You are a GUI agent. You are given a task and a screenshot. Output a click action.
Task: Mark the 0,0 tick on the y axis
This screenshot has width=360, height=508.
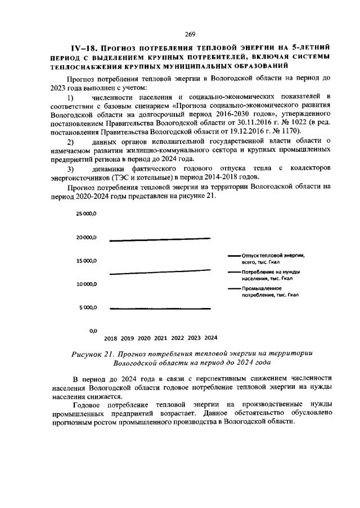[93, 331]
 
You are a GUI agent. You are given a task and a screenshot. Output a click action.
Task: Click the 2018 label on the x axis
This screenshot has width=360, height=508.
[111, 339]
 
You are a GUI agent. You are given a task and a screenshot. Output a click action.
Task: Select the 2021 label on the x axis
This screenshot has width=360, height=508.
[160, 339]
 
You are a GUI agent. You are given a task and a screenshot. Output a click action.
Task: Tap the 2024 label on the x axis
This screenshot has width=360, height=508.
[210, 339]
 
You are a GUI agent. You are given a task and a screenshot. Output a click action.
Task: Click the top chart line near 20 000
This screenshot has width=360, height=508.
[160, 239]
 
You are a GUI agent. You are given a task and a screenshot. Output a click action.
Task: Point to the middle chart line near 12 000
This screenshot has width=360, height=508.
[160, 273]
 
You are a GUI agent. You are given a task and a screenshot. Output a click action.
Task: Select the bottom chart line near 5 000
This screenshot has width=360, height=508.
[160, 309]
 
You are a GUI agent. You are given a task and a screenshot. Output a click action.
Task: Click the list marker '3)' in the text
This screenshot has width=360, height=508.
[70, 169]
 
